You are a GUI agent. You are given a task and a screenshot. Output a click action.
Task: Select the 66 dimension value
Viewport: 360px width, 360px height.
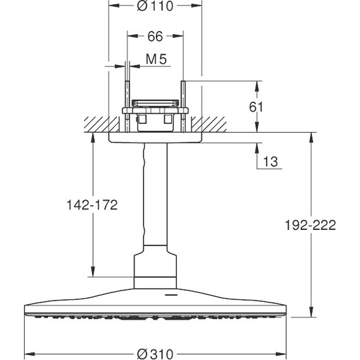[155, 37]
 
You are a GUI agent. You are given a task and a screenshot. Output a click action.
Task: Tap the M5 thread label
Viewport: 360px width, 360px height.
[155, 60]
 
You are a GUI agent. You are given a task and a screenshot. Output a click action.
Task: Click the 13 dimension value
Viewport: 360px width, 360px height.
[270, 162]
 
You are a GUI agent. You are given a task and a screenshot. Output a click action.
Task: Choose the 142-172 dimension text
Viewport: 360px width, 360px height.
[93, 205]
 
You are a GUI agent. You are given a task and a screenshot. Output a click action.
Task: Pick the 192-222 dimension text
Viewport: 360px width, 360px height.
[309, 224]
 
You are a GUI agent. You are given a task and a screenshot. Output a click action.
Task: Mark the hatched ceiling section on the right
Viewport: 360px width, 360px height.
[212, 124]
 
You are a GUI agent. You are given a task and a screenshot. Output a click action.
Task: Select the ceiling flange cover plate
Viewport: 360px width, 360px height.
[155, 138]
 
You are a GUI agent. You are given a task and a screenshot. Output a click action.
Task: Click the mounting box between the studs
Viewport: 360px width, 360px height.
[155, 117]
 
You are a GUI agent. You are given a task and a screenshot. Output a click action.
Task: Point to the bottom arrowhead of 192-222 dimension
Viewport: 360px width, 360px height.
[309, 313]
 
